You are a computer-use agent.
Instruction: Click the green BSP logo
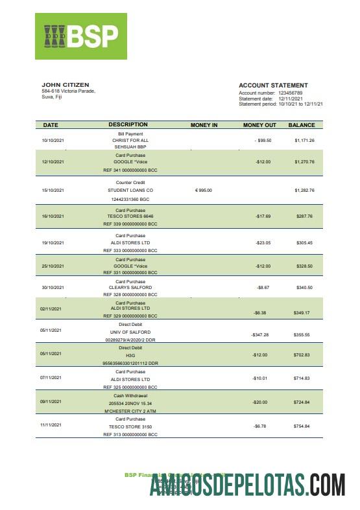81,36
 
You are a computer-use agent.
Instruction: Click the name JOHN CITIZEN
66,85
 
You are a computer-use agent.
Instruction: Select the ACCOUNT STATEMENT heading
273,86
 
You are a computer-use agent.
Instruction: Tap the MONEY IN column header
204,125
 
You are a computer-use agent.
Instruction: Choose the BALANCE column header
302,125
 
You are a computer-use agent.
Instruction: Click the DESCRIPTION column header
128,124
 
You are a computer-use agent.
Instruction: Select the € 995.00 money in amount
204,191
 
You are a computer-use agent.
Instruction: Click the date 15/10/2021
53,191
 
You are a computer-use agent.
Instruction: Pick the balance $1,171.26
304,140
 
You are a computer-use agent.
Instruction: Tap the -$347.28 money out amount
260,335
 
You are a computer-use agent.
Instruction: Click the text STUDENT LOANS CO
130,191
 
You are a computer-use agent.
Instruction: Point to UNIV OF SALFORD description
130,330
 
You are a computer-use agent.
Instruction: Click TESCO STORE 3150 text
130,426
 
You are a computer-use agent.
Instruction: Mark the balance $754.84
302,426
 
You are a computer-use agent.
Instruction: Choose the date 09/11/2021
52,402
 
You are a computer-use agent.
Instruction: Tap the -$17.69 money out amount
262,216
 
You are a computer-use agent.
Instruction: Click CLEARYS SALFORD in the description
130,287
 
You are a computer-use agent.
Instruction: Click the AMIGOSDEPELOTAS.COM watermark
247,485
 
